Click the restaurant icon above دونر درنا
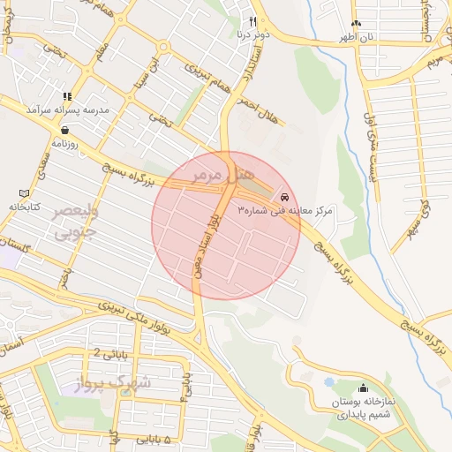[252, 22]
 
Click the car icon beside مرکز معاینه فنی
[283, 195]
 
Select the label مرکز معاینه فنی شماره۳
[284, 211]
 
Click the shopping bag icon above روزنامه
[66, 129]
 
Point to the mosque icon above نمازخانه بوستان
[363, 388]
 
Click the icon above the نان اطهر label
[356, 24]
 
